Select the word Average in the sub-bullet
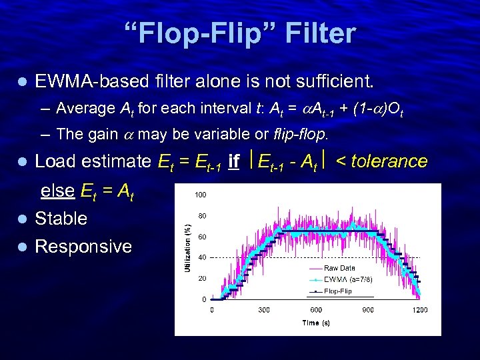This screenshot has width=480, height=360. (86, 108)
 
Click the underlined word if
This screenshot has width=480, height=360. (233, 161)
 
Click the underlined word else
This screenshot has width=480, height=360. (57, 191)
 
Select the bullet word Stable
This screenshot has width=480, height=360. (61, 219)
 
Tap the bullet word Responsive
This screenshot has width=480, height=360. (83, 247)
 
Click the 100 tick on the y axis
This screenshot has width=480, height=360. (200, 195)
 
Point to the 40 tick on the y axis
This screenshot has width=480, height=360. (201, 257)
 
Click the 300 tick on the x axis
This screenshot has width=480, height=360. (265, 309)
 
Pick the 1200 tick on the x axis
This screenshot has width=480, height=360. (419, 309)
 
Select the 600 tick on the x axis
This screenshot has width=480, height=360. (316, 309)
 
